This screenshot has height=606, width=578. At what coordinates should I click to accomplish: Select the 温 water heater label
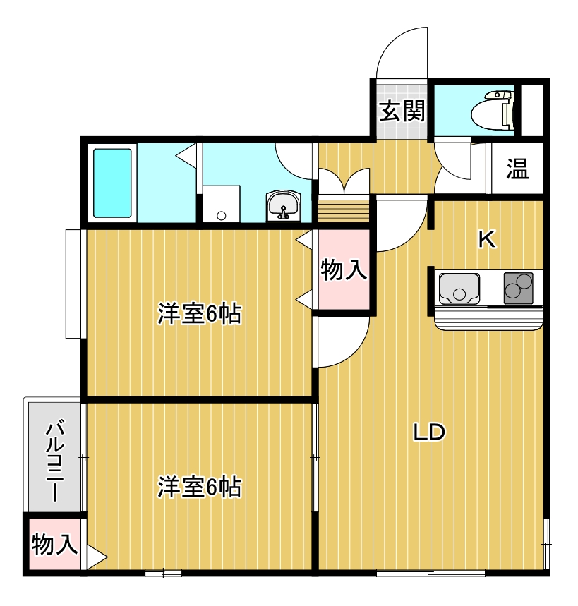coord(517,169)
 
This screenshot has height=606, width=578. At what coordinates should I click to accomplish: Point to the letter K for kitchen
coord(486,240)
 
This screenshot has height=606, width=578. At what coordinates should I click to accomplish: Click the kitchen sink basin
coord(459,289)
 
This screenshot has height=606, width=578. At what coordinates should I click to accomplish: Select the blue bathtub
coord(113,183)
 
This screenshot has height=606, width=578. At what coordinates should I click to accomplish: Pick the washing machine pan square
coord(222,205)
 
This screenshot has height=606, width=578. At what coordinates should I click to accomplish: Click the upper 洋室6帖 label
coord(199,313)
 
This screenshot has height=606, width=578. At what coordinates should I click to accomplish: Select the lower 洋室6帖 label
coord(199,487)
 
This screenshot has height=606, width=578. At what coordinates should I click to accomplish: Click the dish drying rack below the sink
coord(488,320)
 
